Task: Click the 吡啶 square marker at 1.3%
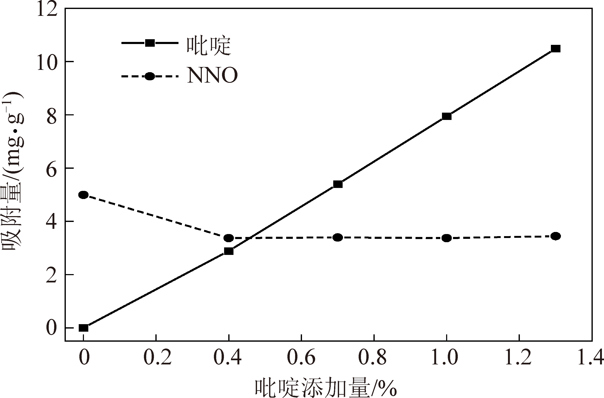(x=555, y=49)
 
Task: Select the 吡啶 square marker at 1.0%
(x=447, y=116)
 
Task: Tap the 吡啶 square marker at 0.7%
(x=338, y=184)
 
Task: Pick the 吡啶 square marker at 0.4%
(x=229, y=251)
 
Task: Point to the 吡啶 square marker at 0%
(x=84, y=328)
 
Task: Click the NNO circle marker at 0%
(x=84, y=195)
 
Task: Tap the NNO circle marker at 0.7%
(x=338, y=237)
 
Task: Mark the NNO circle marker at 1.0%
(x=447, y=238)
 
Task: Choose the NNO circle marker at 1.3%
(x=555, y=236)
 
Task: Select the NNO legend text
(x=212, y=76)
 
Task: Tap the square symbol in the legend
(x=150, y=43)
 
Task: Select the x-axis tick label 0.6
(x=301, y=358)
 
